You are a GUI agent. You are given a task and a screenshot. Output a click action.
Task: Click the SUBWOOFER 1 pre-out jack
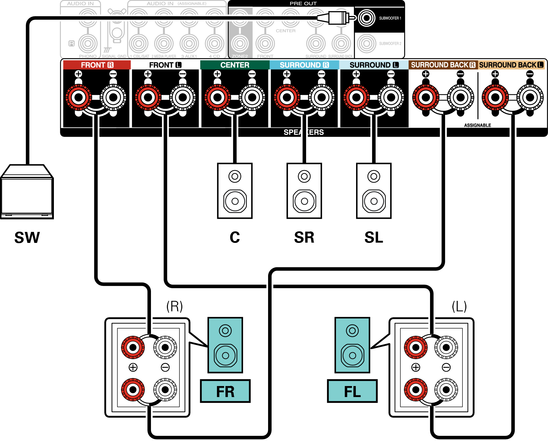coord(366,18)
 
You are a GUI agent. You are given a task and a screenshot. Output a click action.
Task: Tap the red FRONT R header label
coord(97,65)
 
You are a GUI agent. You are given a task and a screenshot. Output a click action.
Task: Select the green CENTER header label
coord(235,65)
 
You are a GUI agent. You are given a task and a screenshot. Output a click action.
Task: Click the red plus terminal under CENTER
coord(217,97)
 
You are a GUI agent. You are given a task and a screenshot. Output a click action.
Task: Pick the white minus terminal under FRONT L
coord(183,97)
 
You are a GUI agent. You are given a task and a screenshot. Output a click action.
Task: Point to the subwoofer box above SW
coord(27,192)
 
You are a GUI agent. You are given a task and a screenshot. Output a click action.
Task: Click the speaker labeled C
coord(235,191)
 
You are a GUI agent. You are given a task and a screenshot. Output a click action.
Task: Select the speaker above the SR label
coord(304,191)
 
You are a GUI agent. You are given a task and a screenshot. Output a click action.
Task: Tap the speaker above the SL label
coord(374,191)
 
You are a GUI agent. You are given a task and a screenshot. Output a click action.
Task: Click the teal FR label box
coord(225,391)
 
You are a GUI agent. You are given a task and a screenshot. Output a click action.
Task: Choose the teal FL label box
coord(352,391)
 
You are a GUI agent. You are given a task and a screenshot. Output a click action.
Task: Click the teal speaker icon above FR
coord(225,345)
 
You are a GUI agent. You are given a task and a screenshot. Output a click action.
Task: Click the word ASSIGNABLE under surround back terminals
coord(477,125)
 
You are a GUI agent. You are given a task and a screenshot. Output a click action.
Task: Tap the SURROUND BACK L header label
coord(511,65)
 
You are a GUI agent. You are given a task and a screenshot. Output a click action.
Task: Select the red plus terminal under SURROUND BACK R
coord(426,97)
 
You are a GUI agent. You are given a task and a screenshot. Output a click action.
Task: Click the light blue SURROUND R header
coord(304,65)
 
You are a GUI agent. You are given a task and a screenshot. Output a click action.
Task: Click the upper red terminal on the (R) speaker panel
coord(133,347)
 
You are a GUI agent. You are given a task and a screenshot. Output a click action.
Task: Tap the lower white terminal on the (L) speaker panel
coord(446,389)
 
